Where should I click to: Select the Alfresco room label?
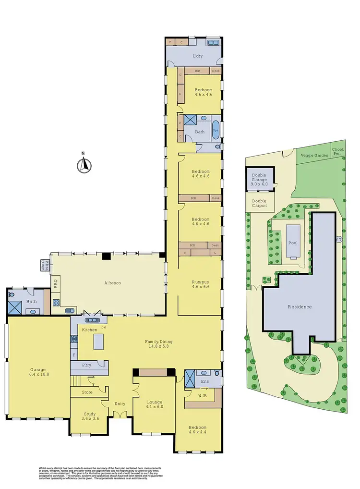[112, 283]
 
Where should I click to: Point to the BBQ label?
[56, 286]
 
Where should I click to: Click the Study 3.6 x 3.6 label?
[90, 416]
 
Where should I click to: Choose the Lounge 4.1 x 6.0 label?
[154, 404]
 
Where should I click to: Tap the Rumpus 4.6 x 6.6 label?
[200, 285]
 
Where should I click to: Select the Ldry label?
[197, 56]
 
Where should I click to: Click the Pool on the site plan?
[293, 243]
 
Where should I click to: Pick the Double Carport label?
[259, 203]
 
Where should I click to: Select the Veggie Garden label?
[314, 156]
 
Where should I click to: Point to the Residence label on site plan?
[300, 306]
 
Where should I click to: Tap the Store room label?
[87, 392]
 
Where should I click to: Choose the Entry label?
[120, 403]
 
